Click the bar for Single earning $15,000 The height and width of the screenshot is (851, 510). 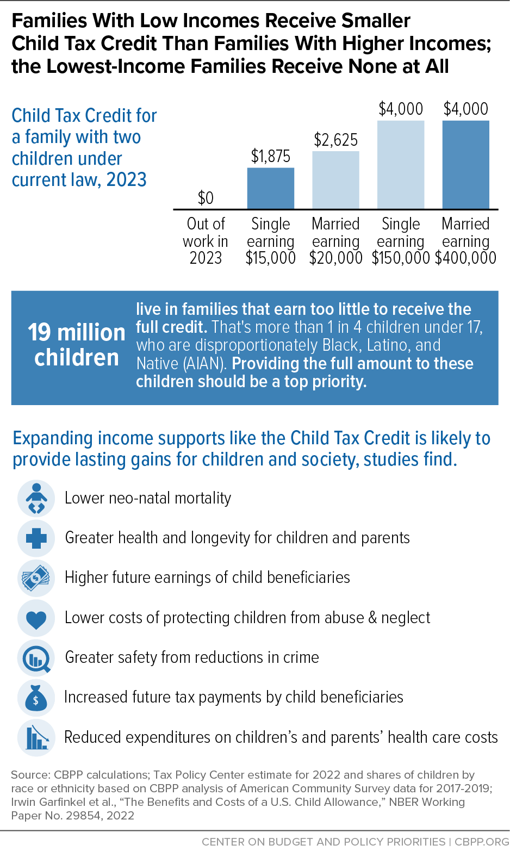tap(270, 188)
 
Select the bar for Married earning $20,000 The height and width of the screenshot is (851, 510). tap(335, 180)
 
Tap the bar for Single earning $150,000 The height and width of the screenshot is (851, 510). tap(401, 165)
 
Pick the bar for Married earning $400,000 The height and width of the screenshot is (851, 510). tap(465, 165)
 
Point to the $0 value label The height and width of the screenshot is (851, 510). tap(206, 198)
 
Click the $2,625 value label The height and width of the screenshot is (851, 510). tap(335, 140)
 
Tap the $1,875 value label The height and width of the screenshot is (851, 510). tap(270, 156)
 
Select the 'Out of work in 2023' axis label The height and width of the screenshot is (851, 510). tap(206, 241)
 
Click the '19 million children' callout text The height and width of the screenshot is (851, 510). tap(76, 345)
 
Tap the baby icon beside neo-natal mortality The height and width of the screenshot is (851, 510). tap(36, 498)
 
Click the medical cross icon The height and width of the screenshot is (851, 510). tap(36, 538)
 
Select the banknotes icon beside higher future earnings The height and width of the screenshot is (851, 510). tap(36, 578)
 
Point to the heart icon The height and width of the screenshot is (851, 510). tap(36, 618)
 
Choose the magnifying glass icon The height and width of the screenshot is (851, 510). tap(36, 657)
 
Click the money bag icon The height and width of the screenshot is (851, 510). tap(36, 698)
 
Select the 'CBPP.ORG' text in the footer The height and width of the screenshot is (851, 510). tap(482, 842)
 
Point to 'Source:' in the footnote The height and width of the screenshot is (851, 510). tap(30, 775)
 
